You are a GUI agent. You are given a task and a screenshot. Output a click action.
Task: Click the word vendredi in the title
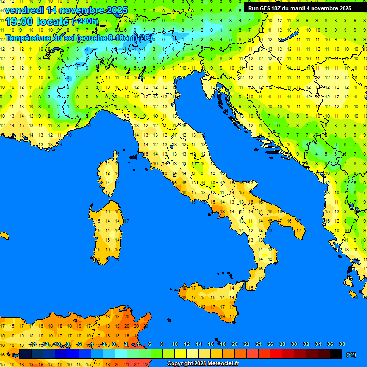click(x=24, y=10)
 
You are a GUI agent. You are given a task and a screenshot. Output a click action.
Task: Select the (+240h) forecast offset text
click(x=85, y=22)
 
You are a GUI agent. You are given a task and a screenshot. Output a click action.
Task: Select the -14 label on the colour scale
click(x=32, y=344)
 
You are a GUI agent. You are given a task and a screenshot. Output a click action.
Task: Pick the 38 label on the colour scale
click(x=342, y=344)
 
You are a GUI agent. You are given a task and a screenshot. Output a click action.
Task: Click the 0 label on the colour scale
click(x=115, y=344)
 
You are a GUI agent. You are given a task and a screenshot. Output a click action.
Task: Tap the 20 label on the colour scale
click(x=235, y=344)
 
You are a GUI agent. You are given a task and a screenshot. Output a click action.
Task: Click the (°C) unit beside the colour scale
click(x=351, y=354)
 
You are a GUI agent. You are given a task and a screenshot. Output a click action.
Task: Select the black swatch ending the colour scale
click(x=336, y=354)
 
